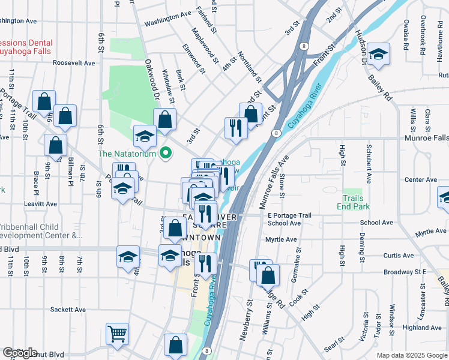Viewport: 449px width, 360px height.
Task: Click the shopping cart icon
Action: tap(117, 333)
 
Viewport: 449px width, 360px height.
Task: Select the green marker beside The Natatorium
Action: tap(163, 154)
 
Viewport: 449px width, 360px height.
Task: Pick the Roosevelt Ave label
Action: tap(74, 62)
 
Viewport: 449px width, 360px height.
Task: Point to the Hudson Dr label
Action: tap(362, 46)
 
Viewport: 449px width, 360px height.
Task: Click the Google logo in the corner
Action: tap(20, 353)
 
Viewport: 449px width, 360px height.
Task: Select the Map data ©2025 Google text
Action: tap(412, 355)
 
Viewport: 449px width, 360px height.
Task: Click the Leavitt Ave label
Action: tap(40, 204)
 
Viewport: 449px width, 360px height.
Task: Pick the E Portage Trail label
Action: tap(289, 215)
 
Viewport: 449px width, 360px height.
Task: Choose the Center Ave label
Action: tap(420, 179)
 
